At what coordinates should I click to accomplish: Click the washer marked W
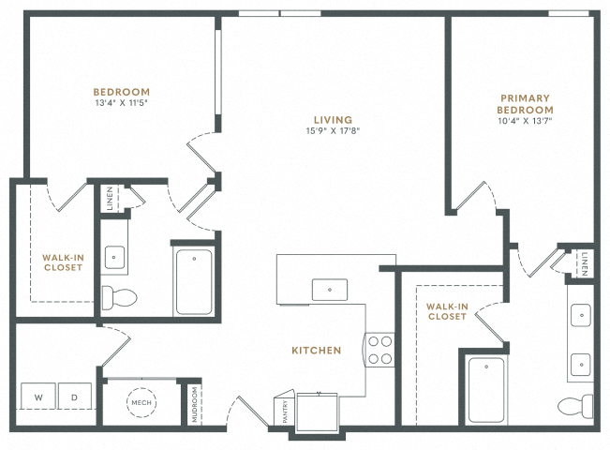[x=38, y=396]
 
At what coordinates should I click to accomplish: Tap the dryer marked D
[x=75, y=396]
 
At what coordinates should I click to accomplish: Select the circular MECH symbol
[x=141, y=402]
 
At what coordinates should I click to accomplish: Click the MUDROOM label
[x=195, y=404]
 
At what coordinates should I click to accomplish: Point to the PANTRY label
[x=285, y=411]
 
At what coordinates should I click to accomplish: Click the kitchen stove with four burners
[x=379, y=350]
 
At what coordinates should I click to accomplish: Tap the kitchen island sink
[x=330, y=290]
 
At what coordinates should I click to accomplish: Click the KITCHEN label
[x=317, y=351]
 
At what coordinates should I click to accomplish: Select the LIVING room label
[x=333, y=120]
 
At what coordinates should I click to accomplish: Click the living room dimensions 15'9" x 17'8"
[x=333, y=131]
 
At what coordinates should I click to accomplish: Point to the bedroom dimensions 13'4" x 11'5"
[x=122, y=103]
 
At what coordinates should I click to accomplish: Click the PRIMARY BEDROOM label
[x=525, y=104]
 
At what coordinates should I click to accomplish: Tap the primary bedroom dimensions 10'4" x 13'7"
[x=525, y=121]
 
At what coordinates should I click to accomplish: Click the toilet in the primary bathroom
[x=575, y=407]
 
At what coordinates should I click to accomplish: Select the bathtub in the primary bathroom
[x=486, y=390]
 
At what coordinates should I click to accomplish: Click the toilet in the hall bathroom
[x=119, y=298]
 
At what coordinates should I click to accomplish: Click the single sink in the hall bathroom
[x=114, y=257]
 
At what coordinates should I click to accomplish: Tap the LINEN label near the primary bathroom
[x=585, y=264]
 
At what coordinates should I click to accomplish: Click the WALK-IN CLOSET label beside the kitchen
[x=447, y=311]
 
